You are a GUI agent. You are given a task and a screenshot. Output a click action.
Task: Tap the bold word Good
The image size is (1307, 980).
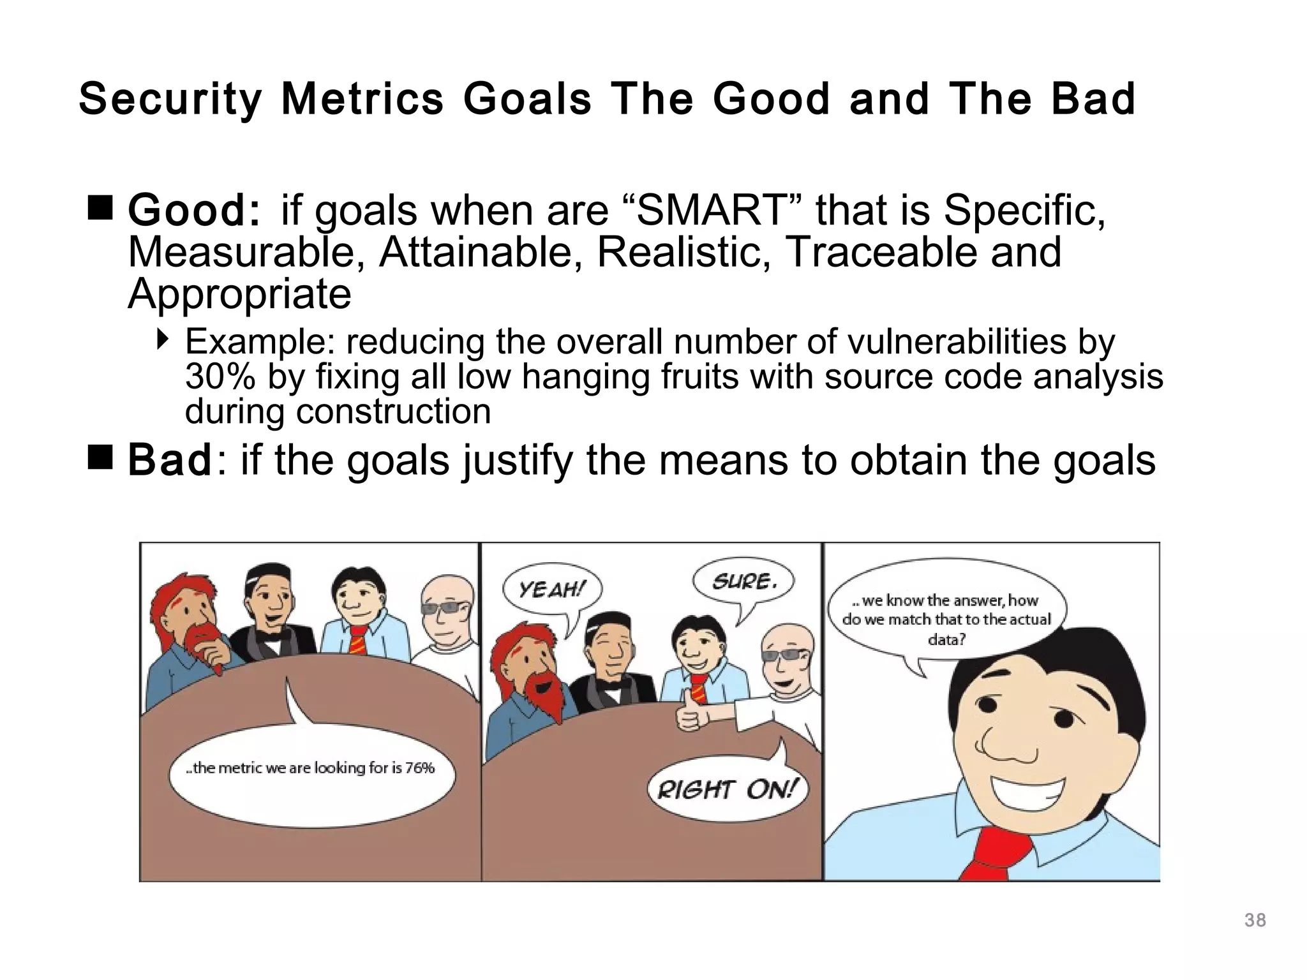click(x=193, y=211)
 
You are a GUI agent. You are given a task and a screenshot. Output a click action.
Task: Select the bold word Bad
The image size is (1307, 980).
click(x=169, y=460)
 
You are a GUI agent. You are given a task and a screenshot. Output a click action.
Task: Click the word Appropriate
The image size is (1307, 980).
click(x=239, y=293)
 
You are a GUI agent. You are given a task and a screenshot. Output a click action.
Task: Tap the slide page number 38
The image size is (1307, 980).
click(x=1255, y=921)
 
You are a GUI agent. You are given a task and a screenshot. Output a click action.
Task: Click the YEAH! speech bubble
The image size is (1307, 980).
click(x=551, y=590)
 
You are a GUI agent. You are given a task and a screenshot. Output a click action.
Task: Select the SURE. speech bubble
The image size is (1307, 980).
click(x=743, y=581)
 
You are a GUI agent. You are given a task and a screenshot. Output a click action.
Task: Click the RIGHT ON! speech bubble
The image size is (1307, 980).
click(x=728, y=790)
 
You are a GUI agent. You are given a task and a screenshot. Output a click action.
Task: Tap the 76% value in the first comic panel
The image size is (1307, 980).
click(x=419, y=768)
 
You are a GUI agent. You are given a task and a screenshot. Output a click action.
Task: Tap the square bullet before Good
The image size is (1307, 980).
click(x=100, y=209)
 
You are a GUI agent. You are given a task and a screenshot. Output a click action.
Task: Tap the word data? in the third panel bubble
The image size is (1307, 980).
click(x=946, y=639)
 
